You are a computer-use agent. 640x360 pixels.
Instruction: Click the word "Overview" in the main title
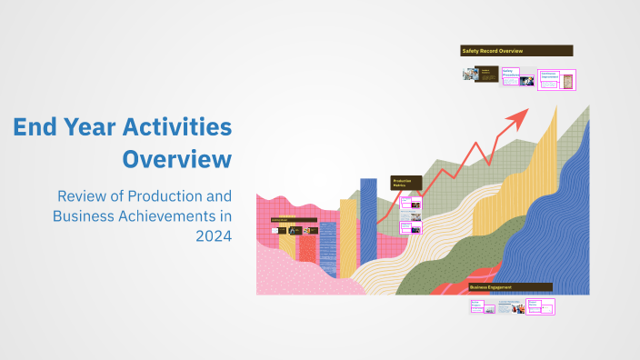(176, 159)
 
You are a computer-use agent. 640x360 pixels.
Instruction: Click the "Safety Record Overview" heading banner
(516, 51)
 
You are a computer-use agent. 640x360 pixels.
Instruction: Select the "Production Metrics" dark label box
(405, 183)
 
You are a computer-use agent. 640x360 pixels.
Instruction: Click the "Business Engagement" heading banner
(510, 287)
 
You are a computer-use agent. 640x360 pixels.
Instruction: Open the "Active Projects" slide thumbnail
(481, 307)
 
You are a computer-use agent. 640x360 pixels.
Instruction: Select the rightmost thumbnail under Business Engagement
(543, 307)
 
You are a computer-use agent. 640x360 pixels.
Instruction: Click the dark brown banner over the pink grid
(294, 221)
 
